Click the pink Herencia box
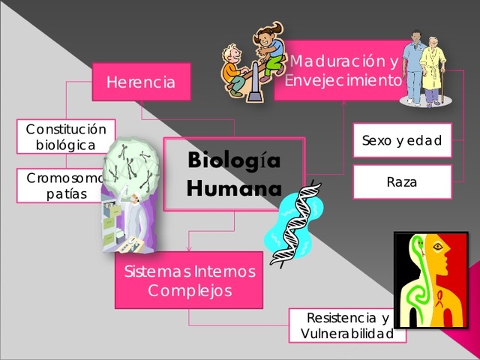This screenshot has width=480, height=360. pos(141,82)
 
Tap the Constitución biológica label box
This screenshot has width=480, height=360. pos(66,136)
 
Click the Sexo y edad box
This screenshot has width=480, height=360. pos(402,140)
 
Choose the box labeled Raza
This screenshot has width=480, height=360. pos(402,181)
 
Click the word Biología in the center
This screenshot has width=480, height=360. pos(234,160)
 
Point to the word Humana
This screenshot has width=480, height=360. pos(234,187)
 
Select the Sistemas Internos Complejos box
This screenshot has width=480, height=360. pos(189,280)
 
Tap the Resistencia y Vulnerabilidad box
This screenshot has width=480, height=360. pos(347,325)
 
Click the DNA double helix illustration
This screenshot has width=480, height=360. pos(294,223)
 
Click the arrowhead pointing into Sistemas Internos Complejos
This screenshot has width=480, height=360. pos(188,248)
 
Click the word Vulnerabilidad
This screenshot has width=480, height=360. pos(346,334)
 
